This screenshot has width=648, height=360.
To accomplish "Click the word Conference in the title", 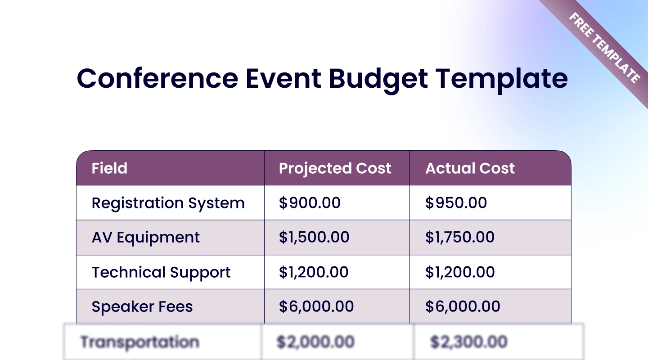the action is [157, 78].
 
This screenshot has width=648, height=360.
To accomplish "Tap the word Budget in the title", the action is [378, 80].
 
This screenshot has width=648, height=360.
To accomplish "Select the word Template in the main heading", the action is [502, 80].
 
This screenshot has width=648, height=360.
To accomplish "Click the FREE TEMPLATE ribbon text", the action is [605, 48].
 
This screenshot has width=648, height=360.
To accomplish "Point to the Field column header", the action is [109, 168].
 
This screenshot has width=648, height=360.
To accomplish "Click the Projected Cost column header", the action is [335, 169].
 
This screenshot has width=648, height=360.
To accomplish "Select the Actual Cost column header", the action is [470, 168].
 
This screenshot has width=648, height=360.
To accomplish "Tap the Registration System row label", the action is [168, 203].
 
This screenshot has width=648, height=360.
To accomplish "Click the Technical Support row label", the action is [161, 273].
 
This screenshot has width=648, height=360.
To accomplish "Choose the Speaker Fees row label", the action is [142, 306].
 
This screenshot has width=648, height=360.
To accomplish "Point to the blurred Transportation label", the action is [140, 342].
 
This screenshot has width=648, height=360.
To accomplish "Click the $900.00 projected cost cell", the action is [310, 202].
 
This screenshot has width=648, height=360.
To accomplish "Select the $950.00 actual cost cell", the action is [456, 202].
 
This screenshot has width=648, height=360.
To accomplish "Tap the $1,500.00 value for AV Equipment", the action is [314, 237].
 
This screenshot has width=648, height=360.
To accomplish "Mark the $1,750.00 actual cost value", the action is [460, 237].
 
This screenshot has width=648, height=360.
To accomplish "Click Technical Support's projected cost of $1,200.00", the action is [314, 272].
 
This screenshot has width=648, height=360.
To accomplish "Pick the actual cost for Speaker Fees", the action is [463, 306].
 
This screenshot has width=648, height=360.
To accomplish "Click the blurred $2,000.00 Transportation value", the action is [315, 342].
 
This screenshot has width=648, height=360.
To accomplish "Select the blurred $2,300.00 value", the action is [468, 342].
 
